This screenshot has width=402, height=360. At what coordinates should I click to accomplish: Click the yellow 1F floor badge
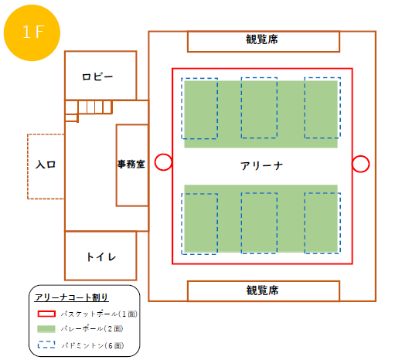(32, 32)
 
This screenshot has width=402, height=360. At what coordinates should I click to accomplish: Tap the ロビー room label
(97, 76)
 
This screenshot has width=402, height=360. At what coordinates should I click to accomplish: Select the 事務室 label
(131, 164)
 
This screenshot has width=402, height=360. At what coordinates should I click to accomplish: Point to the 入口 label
(46, 165)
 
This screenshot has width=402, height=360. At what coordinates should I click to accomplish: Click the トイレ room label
(100, 256)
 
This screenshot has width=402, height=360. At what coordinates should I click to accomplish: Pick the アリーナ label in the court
(261, 166)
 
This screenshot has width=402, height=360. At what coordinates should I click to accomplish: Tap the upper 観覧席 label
(262, 39)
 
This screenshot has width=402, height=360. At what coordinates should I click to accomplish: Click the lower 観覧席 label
(262, 290)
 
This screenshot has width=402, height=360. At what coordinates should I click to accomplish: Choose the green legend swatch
(46, 329)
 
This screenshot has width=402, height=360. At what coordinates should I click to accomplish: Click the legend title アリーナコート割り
(72, 297)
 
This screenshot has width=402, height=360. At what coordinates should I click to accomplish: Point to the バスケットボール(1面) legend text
(99, 314)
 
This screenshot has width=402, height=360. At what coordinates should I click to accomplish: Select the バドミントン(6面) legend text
(93, 345)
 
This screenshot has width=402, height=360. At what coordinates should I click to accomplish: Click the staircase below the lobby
(88, 110)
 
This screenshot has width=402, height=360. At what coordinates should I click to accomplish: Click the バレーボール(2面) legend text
(92, 329)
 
